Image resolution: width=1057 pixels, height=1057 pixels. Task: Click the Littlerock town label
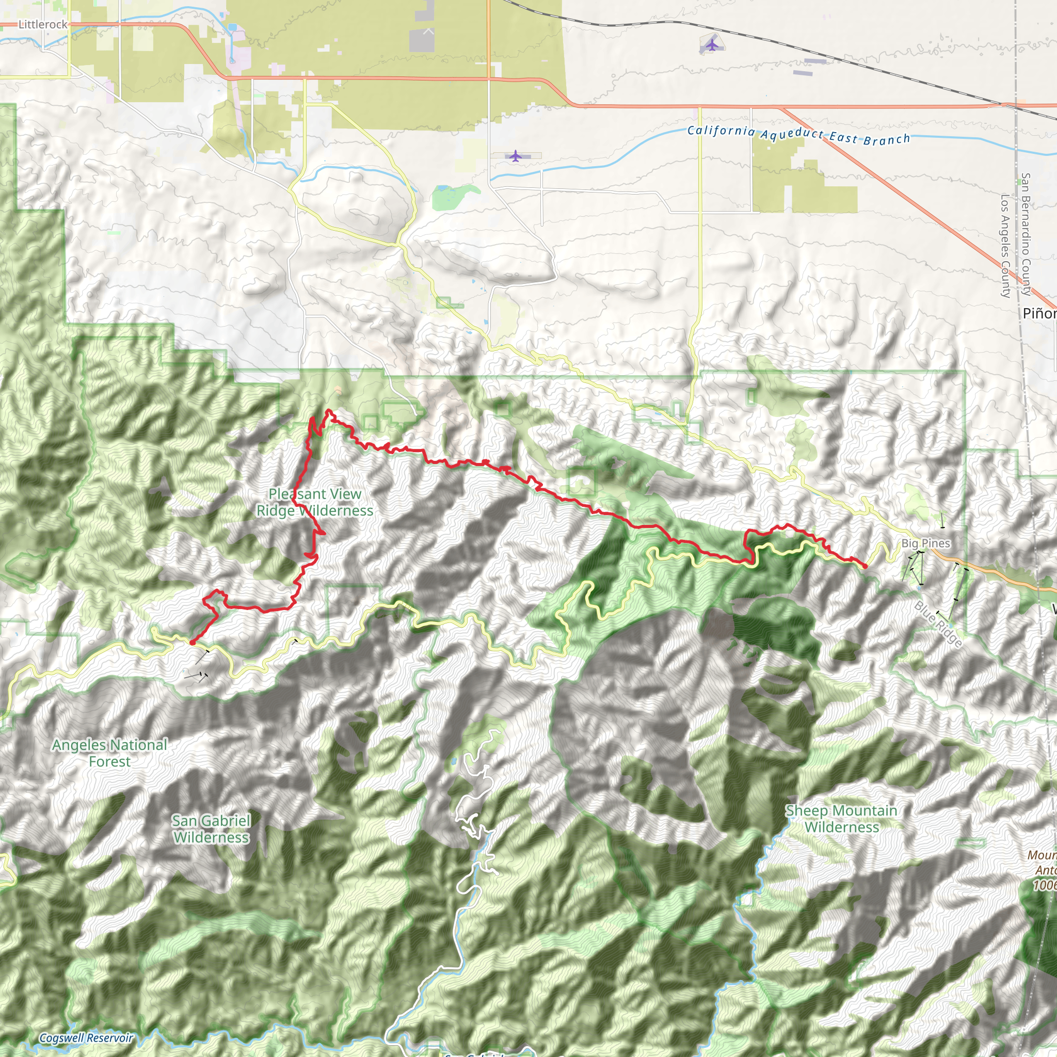click(x=43, y=25)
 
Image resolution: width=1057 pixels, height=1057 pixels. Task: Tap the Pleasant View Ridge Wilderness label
click(x=315, y=502)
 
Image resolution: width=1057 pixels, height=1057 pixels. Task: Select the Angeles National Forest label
click(x=109, y=754)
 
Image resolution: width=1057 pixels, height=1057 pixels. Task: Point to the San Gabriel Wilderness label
click(x=211, y=829)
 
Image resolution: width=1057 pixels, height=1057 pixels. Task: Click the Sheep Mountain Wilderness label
click(x=841, y=819)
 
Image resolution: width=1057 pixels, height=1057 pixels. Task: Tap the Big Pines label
click(x=926, y=543)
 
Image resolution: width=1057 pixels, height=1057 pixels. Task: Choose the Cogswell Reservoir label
click(x=86, y=1038)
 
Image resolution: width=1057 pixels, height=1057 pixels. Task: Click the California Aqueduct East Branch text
click(x=798, y=134)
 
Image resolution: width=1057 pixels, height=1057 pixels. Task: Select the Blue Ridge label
click(x=938, y=624)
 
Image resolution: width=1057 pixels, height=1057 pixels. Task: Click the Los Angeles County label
click(x=1005, y=246)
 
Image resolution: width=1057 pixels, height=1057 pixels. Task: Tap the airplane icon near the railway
click(x=711, y=44)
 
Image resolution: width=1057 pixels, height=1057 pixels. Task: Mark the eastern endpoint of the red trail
click(x=865, y=566)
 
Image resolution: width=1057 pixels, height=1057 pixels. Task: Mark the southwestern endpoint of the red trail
click(x=192, y=642)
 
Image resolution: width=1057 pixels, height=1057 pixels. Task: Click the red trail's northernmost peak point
click(x=328, y=410)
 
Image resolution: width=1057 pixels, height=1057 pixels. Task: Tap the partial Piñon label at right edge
click(x=1039, y=313)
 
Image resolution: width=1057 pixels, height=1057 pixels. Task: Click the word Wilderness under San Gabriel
click(x=211, y=838)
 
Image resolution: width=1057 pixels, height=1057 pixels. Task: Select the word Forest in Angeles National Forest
click(x=109, y=762)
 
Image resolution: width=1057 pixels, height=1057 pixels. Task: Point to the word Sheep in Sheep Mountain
click(x=805, y=811)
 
